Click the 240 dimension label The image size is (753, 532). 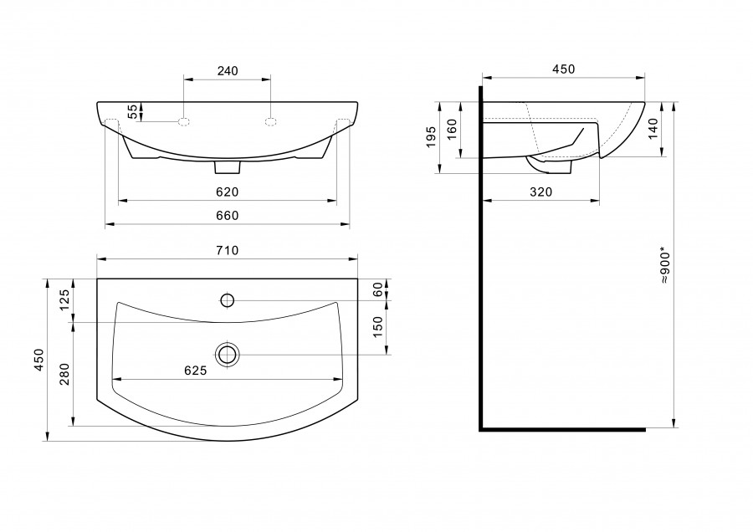point(228,71)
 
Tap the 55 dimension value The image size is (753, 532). point(132,111)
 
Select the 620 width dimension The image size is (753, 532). point(227,192)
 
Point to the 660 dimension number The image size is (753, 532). point(227,216)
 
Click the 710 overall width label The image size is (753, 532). point(227,251)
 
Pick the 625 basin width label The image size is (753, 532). point(196,371)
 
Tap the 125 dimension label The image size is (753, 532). point(64,300)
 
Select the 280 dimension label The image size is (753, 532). point(64,375)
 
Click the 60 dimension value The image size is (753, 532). point(378,289)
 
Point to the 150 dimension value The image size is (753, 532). point(378,327)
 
